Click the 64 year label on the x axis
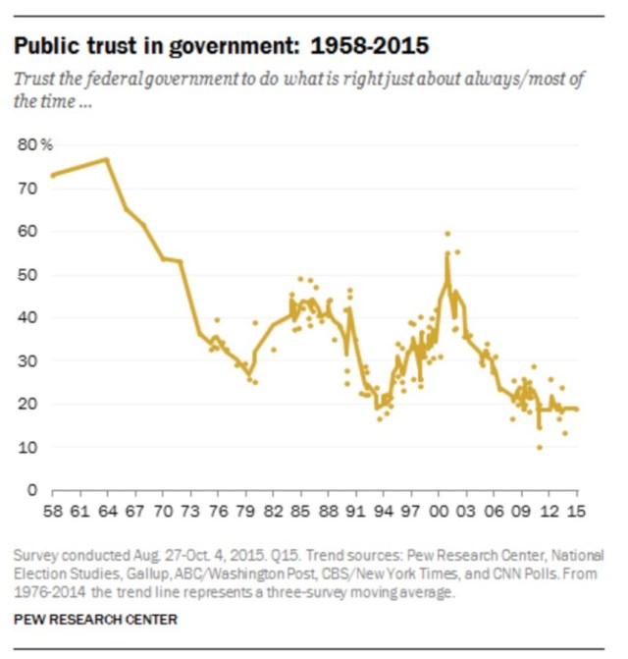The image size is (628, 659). [106, 512]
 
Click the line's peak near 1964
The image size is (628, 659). [106, 159]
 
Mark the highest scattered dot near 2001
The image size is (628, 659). [447, 234]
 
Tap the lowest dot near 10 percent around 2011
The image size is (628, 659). [539, 447]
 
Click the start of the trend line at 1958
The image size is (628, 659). [52, 175]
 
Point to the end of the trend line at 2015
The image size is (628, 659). [577, 409]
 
